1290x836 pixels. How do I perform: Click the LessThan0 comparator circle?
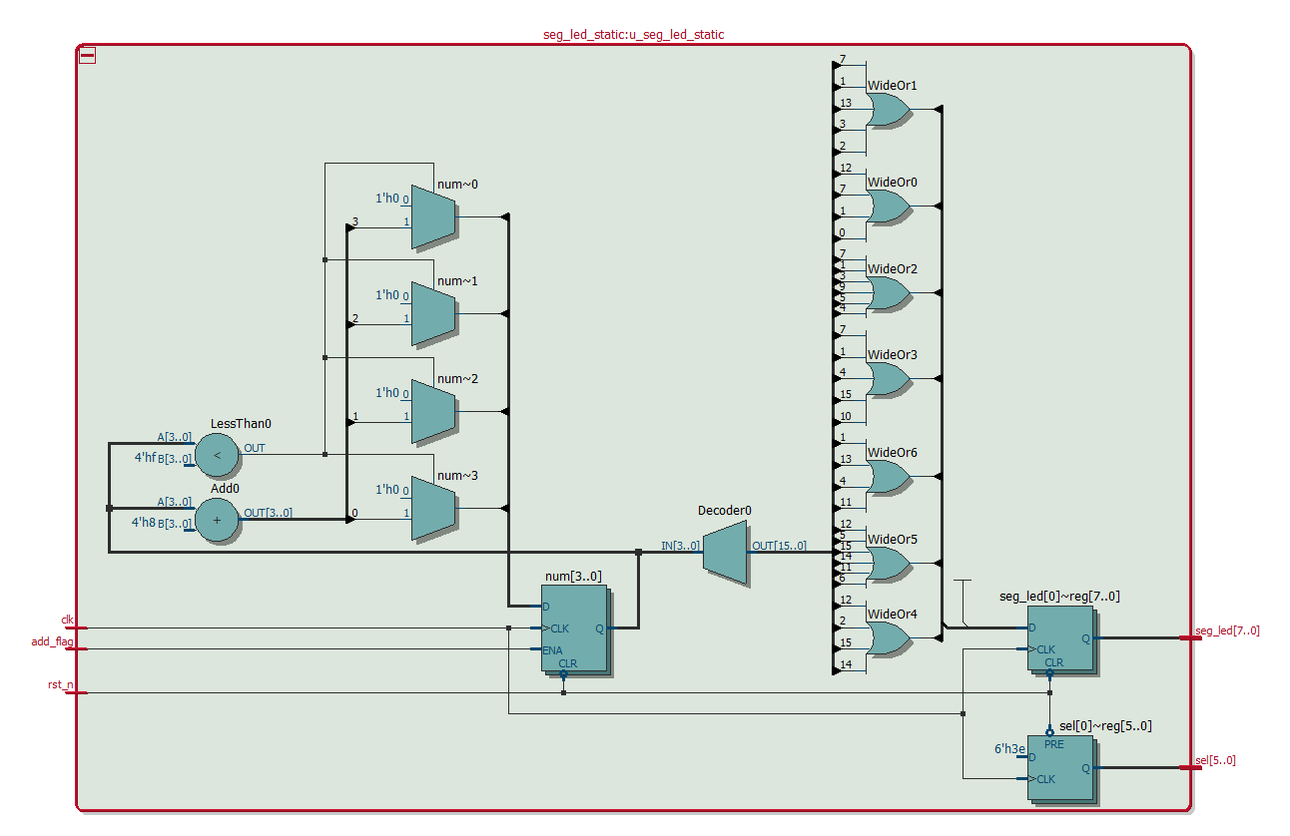tap(217, 456)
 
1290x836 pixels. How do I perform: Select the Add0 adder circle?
tap(217, 520)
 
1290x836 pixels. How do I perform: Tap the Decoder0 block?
tap(725, 553)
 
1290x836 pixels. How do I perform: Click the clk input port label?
tap(68, 620)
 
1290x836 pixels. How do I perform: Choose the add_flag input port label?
tap(53, 641)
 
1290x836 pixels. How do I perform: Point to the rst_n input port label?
tap(61, 683)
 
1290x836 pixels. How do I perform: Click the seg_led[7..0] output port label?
tap(1227, 630)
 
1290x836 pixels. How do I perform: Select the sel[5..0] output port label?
tap(1215, 760)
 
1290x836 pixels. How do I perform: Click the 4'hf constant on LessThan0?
tap(145, 458)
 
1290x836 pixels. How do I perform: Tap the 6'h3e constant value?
tap(1009, 748)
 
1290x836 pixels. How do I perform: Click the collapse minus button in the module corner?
tap(88, 56)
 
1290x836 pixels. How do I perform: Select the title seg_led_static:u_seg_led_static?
tap(633, 34)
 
